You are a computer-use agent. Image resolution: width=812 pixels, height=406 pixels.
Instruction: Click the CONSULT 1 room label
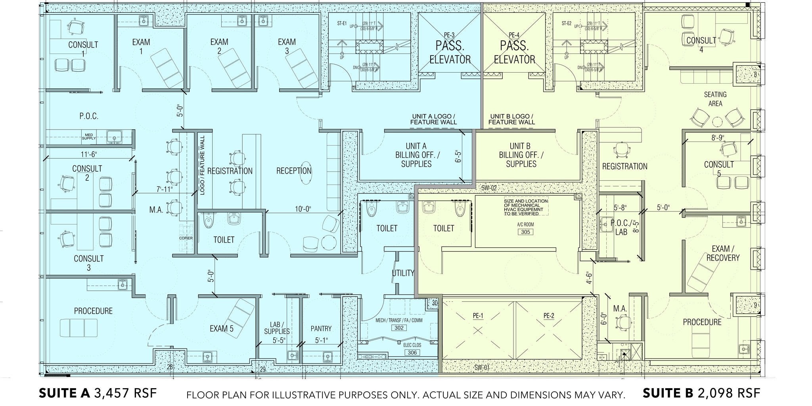point(83,49)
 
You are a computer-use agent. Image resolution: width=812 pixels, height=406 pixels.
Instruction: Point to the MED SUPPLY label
point(89,137)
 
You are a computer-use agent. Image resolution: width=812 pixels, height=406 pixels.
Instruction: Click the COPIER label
point(186,238)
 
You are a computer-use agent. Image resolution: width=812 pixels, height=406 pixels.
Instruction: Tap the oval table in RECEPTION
point(306,173)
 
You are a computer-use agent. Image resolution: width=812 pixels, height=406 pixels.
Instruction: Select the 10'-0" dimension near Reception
point(303,209)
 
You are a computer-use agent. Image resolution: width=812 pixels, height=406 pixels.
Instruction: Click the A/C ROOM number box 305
point(525,232)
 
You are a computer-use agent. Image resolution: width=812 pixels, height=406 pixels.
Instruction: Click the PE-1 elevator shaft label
point(478,316)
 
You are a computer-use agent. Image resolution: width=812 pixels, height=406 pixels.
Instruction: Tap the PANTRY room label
point(321,329)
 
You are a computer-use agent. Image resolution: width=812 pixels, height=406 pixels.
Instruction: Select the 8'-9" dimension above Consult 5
point(718,138)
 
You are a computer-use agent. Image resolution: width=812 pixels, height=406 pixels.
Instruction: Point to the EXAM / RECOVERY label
point(722,253)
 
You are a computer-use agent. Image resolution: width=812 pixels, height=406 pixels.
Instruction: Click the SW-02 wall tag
point(488,188)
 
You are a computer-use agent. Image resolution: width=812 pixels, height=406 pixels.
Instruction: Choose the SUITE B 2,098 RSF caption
point(701,393)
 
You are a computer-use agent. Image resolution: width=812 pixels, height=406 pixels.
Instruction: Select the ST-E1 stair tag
point(342,23)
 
